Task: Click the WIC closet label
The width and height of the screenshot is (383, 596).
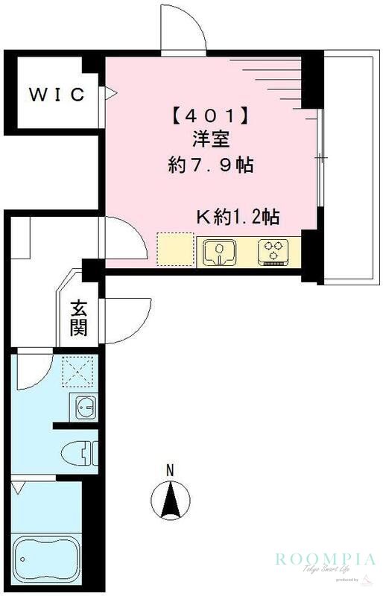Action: (57, 95)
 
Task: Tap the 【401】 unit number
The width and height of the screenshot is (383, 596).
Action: (209, 117)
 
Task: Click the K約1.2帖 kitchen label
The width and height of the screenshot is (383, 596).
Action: (237, 218)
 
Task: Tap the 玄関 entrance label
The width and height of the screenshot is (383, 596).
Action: (79, 318)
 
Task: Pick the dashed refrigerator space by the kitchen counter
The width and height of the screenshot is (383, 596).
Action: (174, 250)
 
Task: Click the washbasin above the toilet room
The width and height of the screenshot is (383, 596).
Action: (84, 408)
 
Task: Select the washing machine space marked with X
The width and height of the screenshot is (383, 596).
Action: (75, 371)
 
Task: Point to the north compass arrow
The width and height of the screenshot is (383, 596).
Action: (171, 500)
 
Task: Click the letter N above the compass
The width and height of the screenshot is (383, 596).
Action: (170, 470)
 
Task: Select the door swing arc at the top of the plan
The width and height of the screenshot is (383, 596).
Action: (183, 31)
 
